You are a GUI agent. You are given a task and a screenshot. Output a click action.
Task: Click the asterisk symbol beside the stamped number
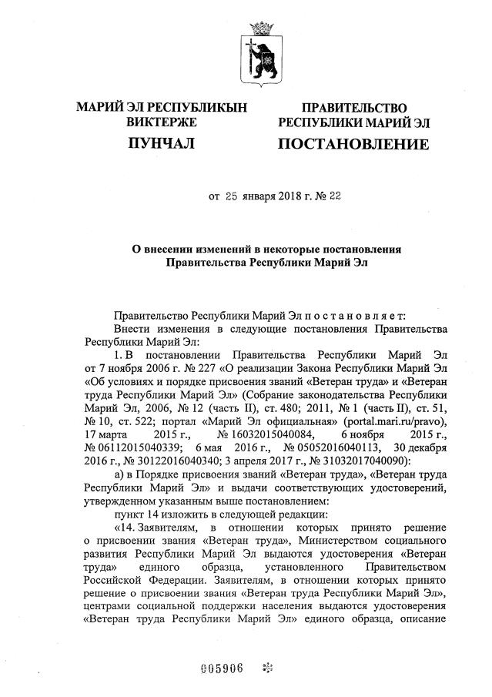click(x=267, y=668)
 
